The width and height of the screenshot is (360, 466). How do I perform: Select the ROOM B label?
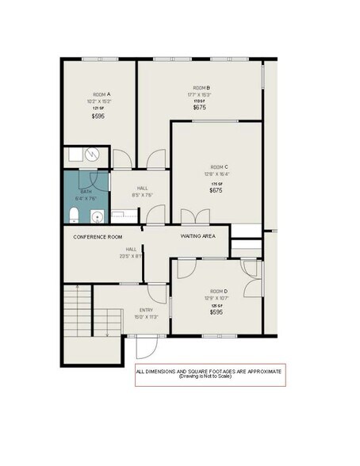click(200, 87)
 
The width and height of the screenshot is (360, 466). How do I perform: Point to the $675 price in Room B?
click(200, 108)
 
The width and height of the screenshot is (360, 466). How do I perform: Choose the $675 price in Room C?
click(216, 190)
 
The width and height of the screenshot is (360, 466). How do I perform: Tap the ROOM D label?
click(219, 291)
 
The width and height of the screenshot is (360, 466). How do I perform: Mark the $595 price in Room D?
click(216, 312)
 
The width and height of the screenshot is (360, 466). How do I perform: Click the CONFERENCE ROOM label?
click(98, 237)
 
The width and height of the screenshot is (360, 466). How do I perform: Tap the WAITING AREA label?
click(197, 236)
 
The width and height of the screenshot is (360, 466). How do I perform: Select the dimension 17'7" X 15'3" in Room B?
click(200, 94)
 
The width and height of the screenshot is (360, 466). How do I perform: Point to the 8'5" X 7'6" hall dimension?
click(142, 195)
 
